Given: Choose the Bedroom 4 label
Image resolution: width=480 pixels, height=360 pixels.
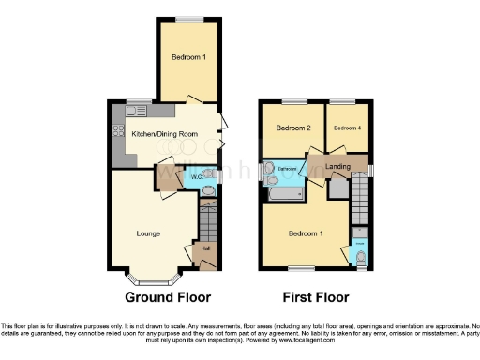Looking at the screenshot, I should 347,127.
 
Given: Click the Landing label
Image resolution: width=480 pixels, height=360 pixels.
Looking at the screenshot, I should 338,166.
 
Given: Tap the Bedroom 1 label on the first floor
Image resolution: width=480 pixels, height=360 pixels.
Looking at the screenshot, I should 305,232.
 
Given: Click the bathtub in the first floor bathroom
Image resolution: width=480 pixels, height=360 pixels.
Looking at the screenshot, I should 284,194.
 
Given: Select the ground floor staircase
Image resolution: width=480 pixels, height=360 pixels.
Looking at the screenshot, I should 207,223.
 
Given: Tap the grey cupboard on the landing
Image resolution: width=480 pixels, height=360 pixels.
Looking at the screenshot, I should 337,186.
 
